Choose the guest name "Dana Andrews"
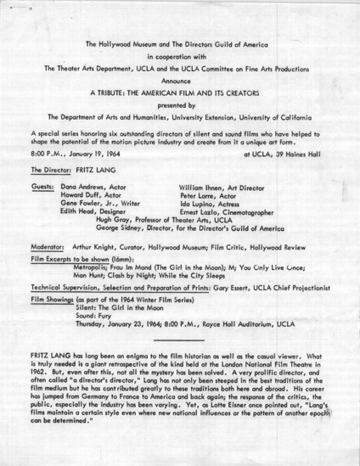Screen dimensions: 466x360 pos(82,184)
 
